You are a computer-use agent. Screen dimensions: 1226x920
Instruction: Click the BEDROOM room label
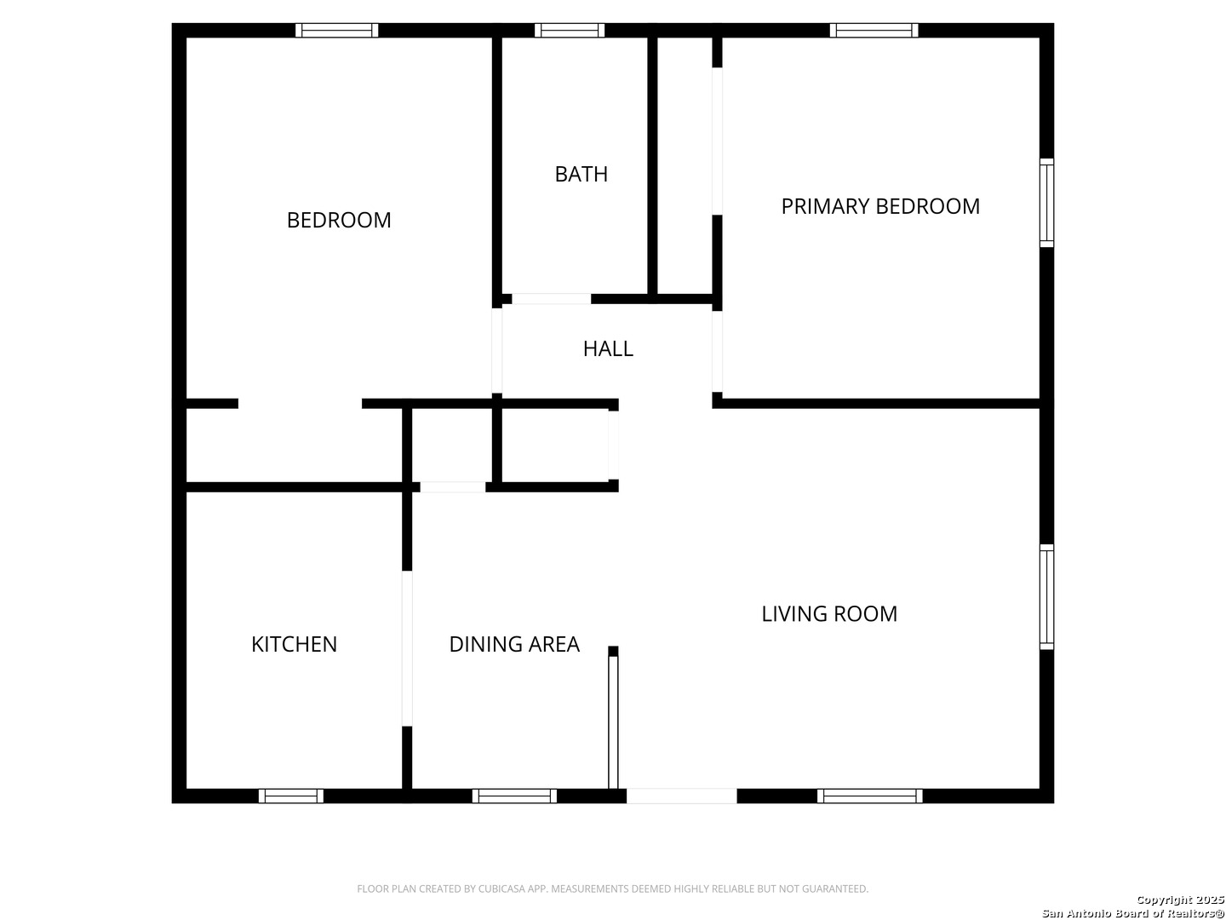339,220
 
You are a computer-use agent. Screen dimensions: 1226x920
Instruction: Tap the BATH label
581,175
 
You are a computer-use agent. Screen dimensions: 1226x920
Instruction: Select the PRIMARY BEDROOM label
880,207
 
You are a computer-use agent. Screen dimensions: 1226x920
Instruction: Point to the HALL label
608,349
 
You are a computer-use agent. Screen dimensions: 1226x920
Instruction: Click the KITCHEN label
294,645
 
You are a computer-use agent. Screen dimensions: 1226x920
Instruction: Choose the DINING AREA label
514,645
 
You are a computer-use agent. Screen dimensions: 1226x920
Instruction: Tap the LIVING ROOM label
829,614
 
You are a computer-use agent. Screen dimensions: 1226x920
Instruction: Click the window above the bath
570,30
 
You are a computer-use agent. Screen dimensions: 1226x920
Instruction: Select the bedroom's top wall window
337,30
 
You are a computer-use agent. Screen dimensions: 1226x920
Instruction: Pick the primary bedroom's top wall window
874,30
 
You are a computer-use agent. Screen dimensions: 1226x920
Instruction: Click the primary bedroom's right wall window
1046,203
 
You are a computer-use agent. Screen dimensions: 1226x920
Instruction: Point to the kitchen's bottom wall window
291,796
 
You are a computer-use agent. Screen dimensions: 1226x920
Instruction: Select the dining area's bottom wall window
514,796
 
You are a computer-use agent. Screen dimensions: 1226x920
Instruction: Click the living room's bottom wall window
869,796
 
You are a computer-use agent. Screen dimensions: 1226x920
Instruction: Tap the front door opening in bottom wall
681,796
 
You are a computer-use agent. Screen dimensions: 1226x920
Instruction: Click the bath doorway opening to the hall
552,299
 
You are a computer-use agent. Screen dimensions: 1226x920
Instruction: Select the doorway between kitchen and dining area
407,648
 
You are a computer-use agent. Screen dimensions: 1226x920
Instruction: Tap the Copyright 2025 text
1180,900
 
